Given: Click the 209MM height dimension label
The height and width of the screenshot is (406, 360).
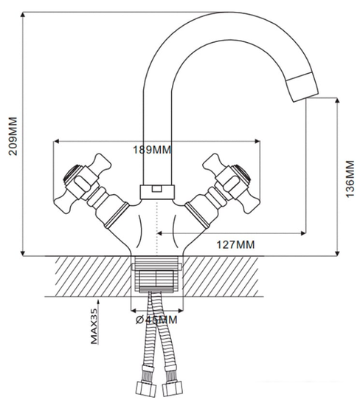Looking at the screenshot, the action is click(x=13, y=137).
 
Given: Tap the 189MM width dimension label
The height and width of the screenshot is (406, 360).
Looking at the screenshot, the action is click(x=152, y=150).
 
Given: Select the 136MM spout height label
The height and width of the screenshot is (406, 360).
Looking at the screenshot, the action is click(x=350, y=179).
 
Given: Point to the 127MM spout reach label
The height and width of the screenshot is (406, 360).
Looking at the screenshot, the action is click(x=235, y=244).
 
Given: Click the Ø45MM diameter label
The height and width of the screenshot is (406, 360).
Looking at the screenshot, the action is click(x=156, y=320).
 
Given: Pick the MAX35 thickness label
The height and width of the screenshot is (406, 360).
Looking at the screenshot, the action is click(x=94, y=326).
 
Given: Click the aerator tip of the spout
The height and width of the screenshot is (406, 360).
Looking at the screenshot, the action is click(x=302, y=87).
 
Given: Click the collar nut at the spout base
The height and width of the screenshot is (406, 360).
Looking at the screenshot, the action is click(x=157, y=192).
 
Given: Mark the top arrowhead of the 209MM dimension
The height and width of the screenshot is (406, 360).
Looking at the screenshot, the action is click(x=23, y=15).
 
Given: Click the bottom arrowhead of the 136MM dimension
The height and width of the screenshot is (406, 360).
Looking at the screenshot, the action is click(x=337, y=253).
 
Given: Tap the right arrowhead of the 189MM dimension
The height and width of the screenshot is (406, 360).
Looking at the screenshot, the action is click(x=257, y=141).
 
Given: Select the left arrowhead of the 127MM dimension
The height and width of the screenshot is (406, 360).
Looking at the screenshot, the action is click(x=159, y=233).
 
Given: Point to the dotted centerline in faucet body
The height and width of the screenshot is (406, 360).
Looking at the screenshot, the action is click(x=157, y=227).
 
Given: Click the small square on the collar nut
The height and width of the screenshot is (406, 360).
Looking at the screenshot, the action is click(x=156, y=189).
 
